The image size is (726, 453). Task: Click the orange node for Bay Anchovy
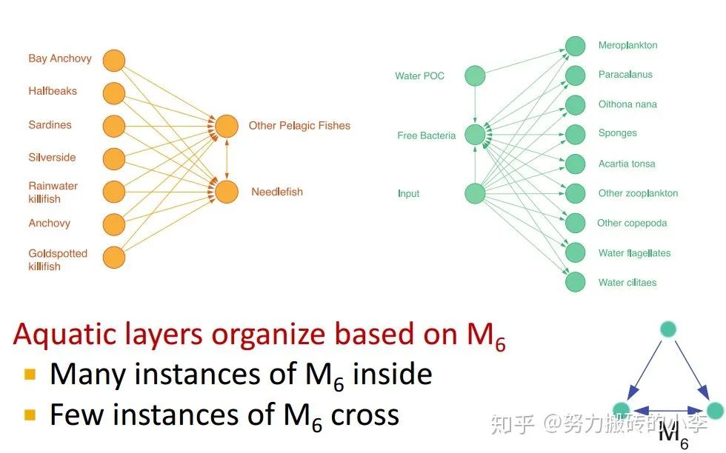coord(113,61)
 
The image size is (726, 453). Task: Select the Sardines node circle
coord(113,126)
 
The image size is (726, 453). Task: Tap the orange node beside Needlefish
coord(227,192)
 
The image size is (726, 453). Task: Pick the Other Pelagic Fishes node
coord(227,126)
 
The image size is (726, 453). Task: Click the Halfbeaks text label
coord(53,92)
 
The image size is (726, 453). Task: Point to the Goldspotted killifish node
coord(113,257)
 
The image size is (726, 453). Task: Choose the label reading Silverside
coord(52,158)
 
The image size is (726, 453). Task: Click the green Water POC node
coord(475,75)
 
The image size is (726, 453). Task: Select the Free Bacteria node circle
coord(475,135)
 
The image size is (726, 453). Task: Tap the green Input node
coord(475,194)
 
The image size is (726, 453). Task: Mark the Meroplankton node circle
coord(576,46)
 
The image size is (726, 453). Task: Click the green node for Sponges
coord(576,134)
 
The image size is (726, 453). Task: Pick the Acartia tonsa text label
coord(627,164)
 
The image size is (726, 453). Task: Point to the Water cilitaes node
coord(576,282)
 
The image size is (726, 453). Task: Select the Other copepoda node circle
coord(576,222)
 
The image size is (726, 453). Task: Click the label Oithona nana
coord(627,104)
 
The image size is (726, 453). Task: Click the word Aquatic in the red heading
coord(65,335)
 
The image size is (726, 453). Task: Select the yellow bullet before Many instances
coord(30,374)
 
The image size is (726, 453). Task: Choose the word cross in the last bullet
coord(364,415)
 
